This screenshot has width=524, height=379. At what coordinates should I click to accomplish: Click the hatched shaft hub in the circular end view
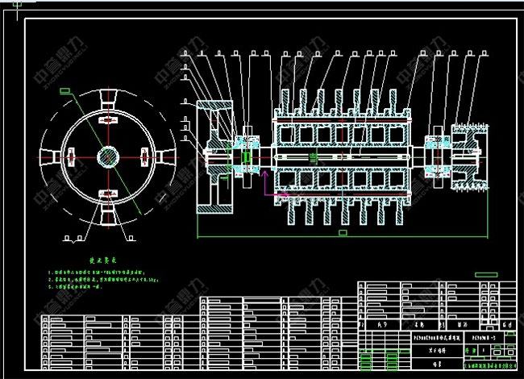point(106,155)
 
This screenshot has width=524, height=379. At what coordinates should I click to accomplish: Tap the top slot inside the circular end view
point(106,119)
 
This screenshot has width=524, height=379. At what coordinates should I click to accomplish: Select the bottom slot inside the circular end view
point(106,192)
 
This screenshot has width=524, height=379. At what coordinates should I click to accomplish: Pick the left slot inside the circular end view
point(70,155)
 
